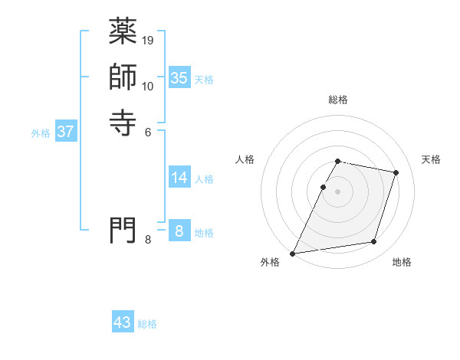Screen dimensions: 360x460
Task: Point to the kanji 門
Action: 123,230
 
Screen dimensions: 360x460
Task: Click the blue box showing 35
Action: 179,77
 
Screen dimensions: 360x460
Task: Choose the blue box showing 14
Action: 179,178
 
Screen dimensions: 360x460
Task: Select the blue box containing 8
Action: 179,231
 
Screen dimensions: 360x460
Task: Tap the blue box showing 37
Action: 66,132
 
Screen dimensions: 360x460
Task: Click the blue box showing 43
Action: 123,322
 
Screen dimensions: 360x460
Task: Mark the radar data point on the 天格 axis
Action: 396,172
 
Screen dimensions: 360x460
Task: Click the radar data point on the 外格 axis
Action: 293,254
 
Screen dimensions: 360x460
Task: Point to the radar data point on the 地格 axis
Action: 374,242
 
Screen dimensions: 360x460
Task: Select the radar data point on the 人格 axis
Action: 323,187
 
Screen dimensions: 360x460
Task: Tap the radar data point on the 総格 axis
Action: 337,162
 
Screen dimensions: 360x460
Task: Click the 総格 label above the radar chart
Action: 338,100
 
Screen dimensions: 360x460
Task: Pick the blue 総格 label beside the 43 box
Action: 147,324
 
